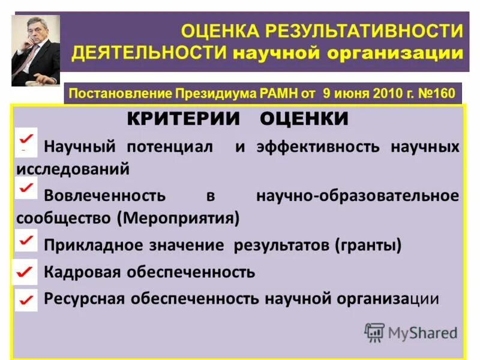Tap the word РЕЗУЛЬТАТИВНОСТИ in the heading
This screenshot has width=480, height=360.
tap(365, 30)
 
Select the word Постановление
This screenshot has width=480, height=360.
tap(121, 93)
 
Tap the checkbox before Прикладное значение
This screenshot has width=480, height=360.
tap(26, 241)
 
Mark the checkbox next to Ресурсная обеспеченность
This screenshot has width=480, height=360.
tap(25, 299)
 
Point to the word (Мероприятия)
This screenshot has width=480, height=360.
tap(181, 217)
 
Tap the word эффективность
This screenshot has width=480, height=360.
tap(317, 147)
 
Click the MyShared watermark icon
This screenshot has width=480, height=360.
tap(374, 332)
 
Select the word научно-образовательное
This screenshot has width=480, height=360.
tap(358, 195)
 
